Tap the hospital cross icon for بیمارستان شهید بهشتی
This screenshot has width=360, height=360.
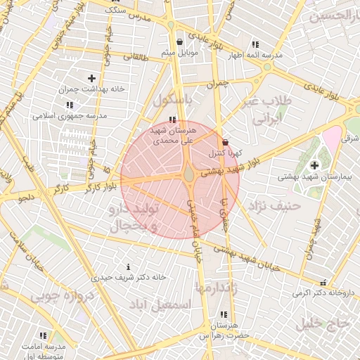(x=314, y=165)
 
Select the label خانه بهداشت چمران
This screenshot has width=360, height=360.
(x=91, y=89)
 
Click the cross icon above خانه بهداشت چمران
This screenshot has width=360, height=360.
(x=91, y=78)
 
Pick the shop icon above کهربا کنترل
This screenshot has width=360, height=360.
(x=225, y=142)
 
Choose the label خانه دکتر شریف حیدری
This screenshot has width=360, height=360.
(x=129, y=278)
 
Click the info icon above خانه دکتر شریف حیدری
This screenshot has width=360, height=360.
(x=128, y=266)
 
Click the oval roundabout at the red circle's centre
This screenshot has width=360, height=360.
(x=190, y=174)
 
